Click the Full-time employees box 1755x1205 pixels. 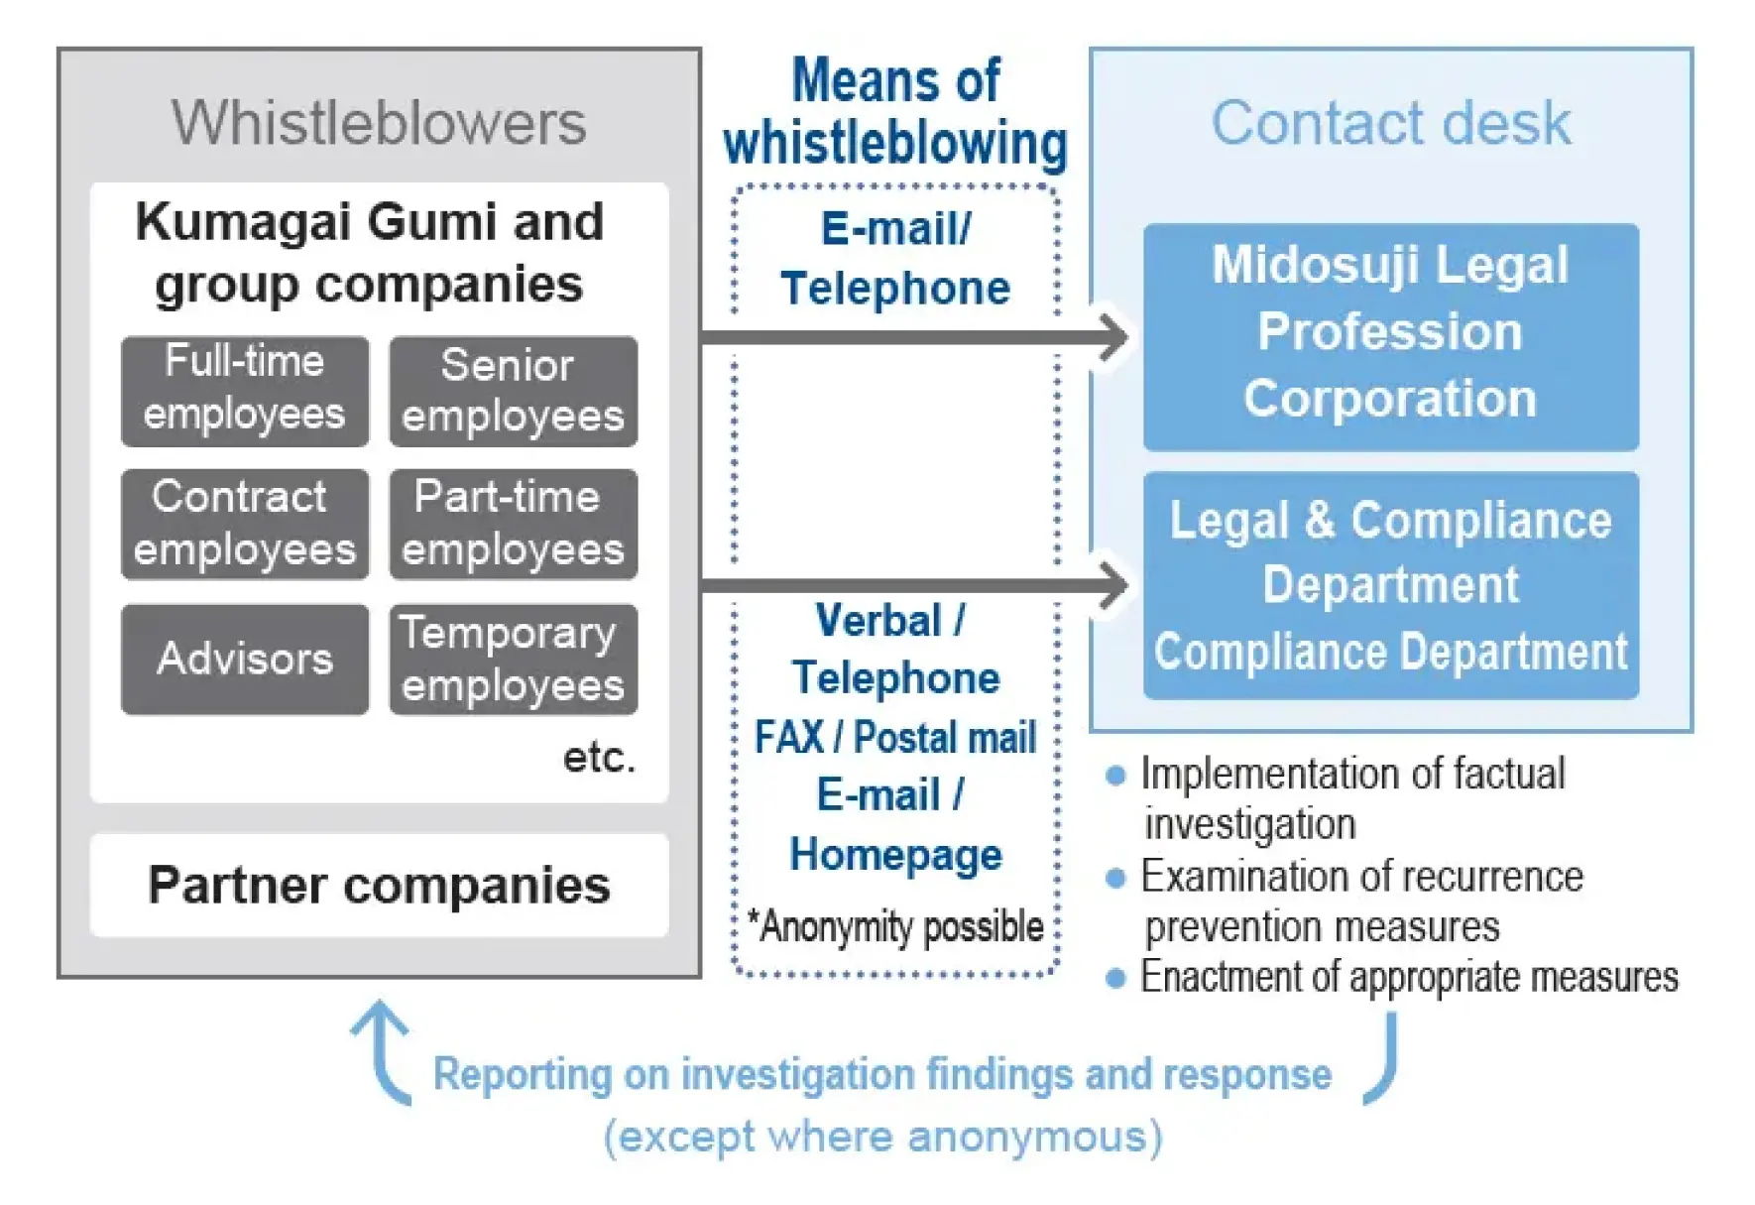point(245,391)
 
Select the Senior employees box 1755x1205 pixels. point(513,391)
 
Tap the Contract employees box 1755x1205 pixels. point(245,524)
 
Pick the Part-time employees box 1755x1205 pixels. point(513,524)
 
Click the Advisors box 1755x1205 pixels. point(245,659)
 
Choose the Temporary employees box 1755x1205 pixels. point(513,659)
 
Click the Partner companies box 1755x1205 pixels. point(379,885)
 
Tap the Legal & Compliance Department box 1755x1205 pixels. point(1390,585)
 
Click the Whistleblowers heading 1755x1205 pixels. point(379,123)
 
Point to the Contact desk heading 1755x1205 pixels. point(1390,123)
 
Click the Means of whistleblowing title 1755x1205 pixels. point(895,111)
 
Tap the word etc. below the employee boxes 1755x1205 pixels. point(599,758)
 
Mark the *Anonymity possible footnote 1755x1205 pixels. point(895,926)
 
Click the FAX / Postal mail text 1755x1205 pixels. point(895,738)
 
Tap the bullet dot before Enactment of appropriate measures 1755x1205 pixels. point(1115,979)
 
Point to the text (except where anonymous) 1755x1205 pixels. point(882,1137)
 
